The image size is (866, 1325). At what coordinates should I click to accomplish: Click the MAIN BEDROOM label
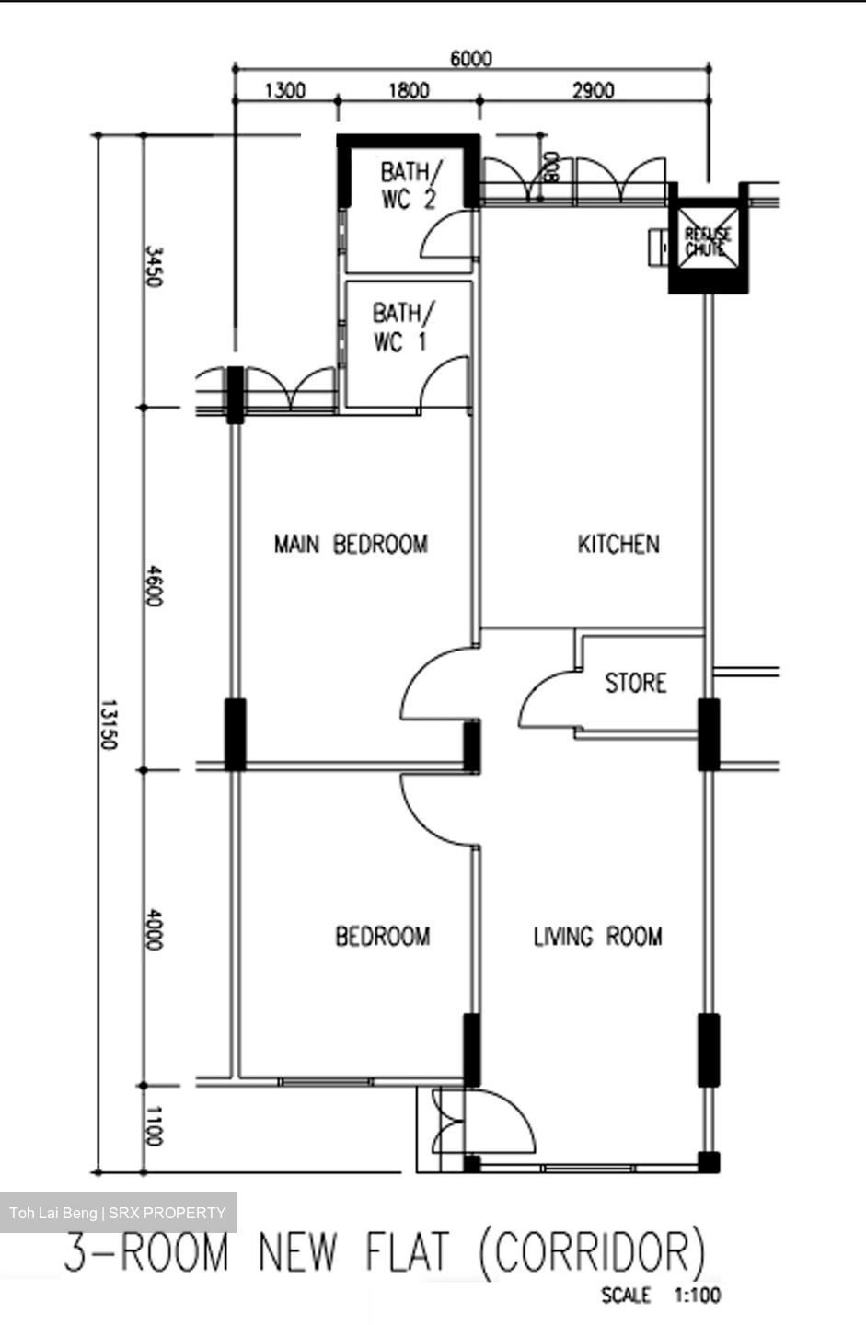click(351, 544)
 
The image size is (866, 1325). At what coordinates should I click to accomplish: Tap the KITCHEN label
click(618, 544)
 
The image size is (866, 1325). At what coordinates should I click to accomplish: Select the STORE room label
click(636, 683)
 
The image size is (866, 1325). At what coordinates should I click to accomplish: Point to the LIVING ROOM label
click(597, 937)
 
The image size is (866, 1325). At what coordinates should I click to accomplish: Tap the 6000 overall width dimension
click(470, 59)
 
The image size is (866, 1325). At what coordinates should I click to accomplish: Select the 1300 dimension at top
click(284, 90)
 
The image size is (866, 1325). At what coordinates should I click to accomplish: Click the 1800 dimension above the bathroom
click(408, 90)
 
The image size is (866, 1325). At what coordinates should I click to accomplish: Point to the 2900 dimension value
click(593, 90)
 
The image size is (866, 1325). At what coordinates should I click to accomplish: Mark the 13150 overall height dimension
click(109, 725)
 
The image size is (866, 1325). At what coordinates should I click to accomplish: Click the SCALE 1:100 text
click(661, 1296)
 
